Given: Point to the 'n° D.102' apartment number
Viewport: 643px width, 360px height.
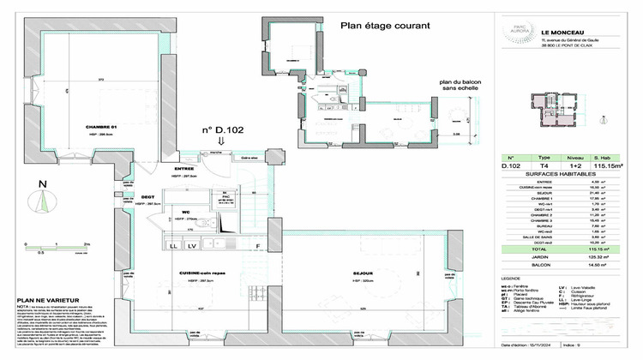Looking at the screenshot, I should (218, 131).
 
